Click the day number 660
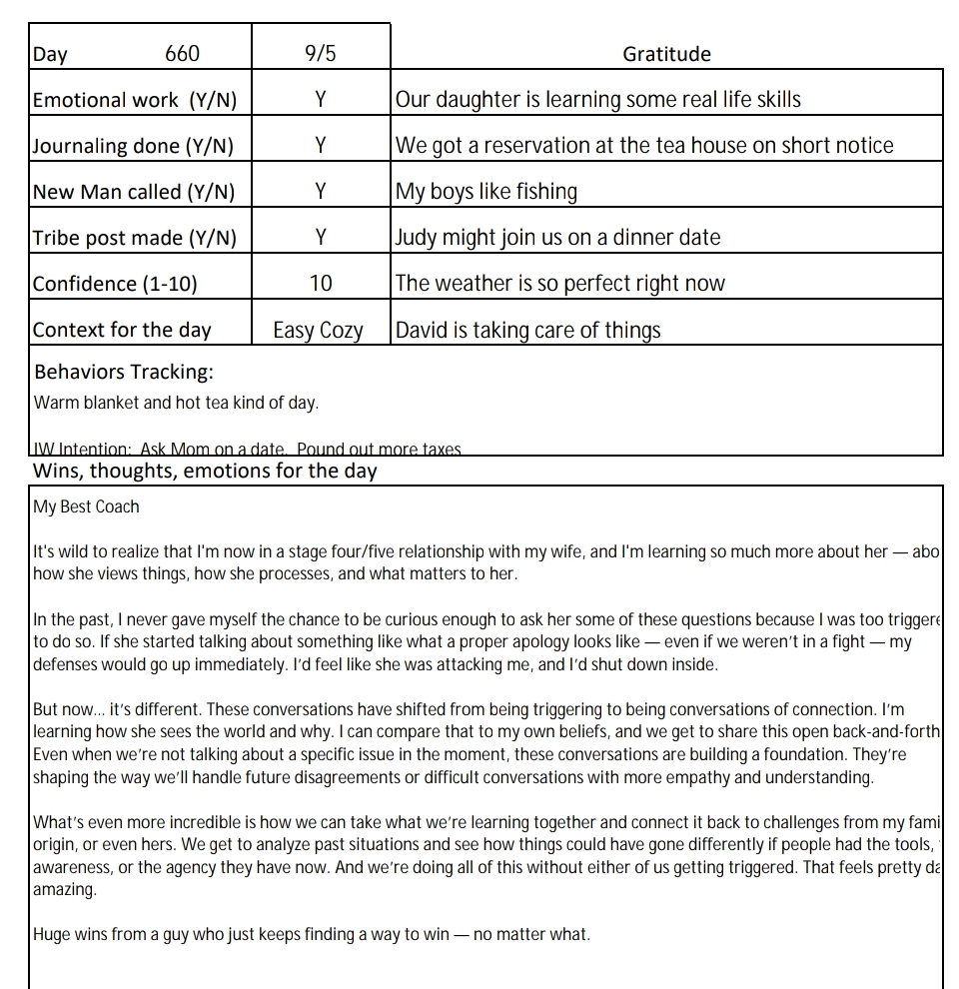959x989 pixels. (182, 54)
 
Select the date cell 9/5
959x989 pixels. (321, 54)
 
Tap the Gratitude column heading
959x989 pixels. (666, 54)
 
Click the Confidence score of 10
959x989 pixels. (321, 284)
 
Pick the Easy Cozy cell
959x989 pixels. (319, 331)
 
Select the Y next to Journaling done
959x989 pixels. (321, 146)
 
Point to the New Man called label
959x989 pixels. (134, 192)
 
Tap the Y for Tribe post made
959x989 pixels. (321, 238)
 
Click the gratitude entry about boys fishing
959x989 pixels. (486, 192)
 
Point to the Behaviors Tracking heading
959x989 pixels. (124, 373)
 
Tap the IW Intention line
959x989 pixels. (247, 450)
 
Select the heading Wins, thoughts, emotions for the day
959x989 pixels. (205, 471)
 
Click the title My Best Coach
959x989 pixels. (86, 506)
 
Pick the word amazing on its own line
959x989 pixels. (65, 889)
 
